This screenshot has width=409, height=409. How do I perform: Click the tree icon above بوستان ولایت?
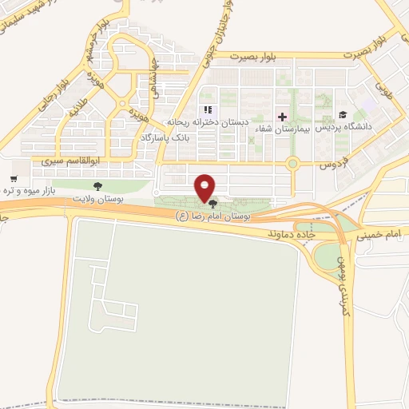(x=98, y=186)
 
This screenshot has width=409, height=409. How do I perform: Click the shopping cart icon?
(x=14, y=179)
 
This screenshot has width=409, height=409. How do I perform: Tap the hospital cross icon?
(x=281, y=117)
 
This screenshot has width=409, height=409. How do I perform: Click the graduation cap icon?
(x=342, y=116)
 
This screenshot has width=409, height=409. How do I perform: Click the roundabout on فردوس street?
(x=293, y=165)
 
